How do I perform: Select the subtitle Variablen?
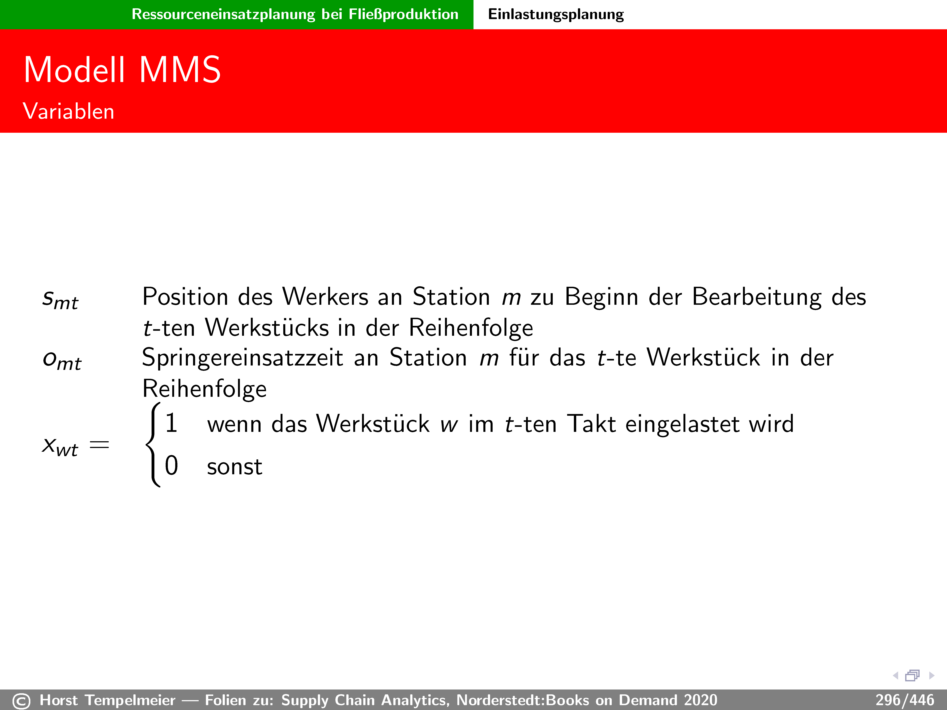(x=68, y=111)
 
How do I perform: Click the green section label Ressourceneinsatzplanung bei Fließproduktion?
(x=295, y=14)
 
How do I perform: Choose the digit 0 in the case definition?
(x=171, y=466)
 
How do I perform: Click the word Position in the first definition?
(x=185, y=297)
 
